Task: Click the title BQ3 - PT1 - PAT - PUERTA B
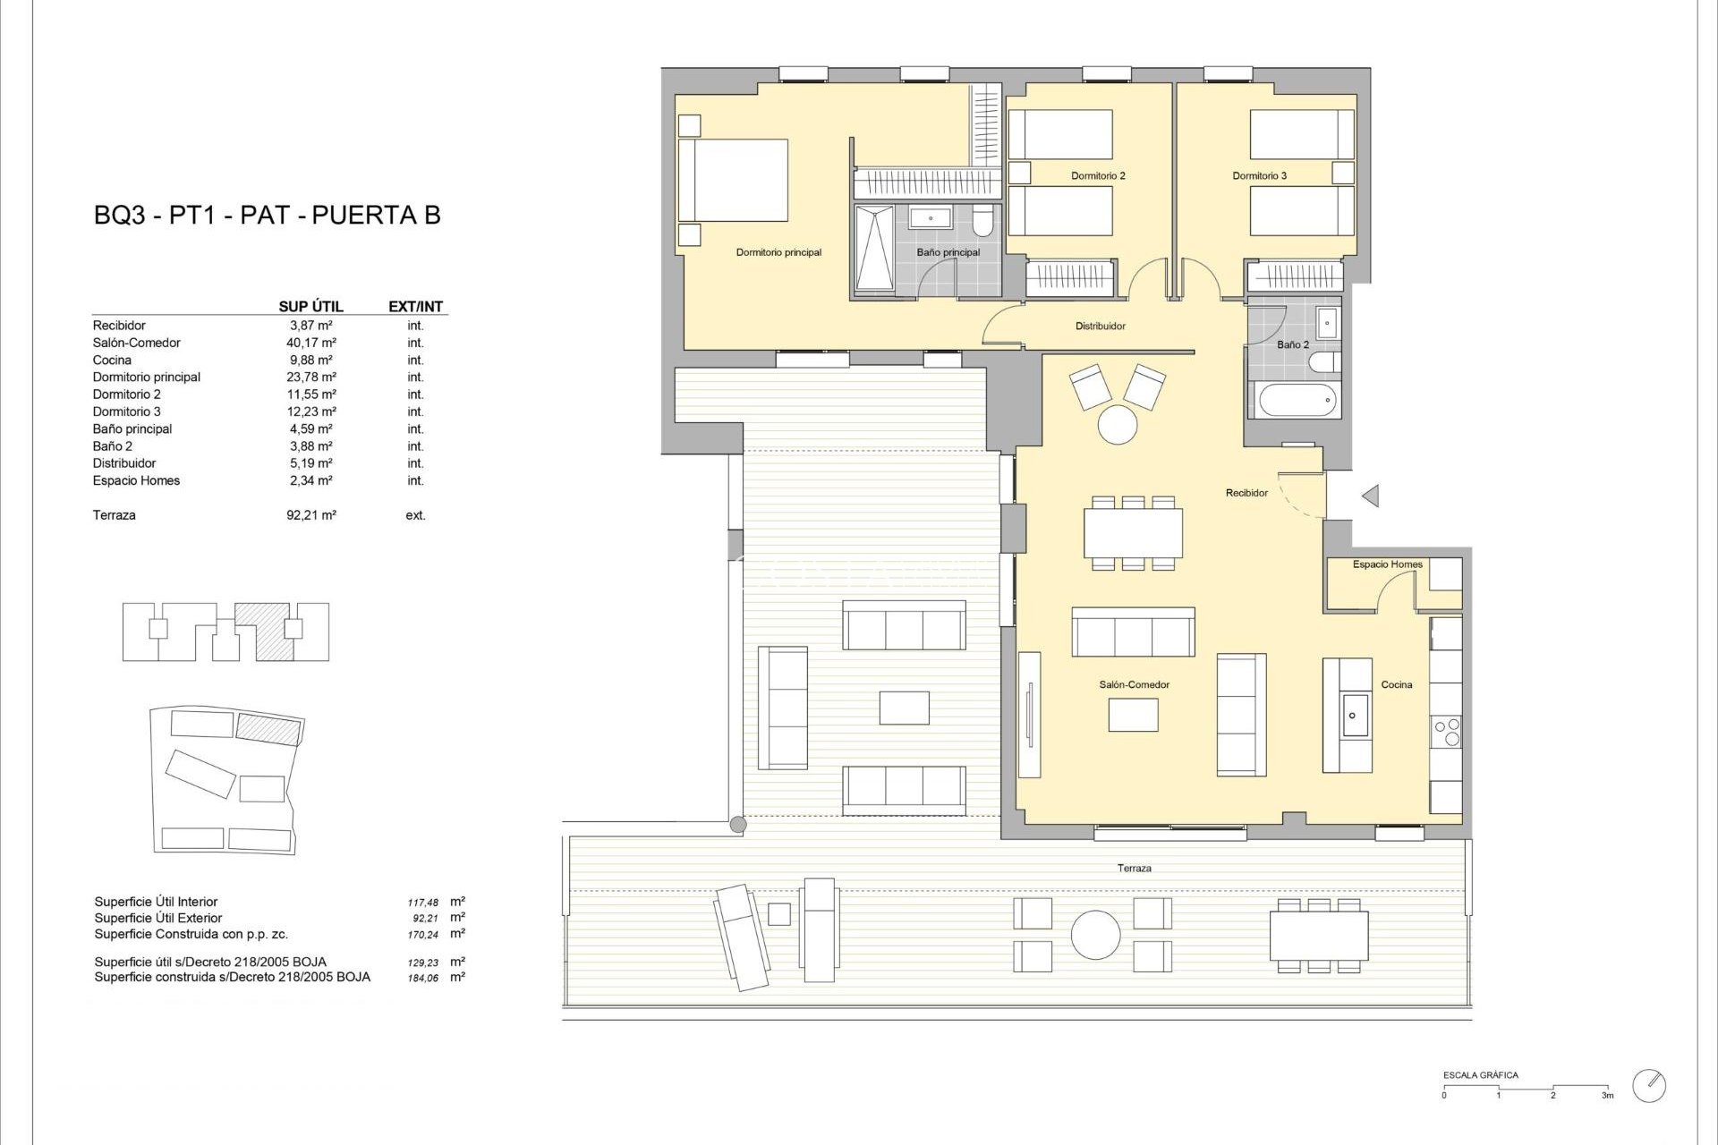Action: [267, 216]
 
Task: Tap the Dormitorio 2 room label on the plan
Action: [1098, 176]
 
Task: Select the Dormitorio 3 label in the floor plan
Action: [1259, 176]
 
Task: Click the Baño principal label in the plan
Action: [948, 253]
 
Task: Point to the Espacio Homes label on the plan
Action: [1387, 564]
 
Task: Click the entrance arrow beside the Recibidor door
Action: [1370, 496]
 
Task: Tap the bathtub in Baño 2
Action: [1298, 400]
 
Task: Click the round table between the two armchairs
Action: [1118, 424]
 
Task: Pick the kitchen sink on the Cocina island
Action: [1352, 716]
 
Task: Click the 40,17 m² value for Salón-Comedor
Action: [310, 343]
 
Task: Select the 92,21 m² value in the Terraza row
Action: [310, 515]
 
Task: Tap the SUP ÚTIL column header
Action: [310, 307]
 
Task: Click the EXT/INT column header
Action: [415, 307]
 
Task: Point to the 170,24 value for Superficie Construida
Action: [422, 935]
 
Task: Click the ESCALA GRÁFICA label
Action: [1480, 1075]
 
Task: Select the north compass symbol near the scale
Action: [1648, 1085]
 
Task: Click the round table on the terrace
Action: [1095, 935]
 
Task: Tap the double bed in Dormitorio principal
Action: [734, 180]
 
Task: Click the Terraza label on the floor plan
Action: [1134, 869]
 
